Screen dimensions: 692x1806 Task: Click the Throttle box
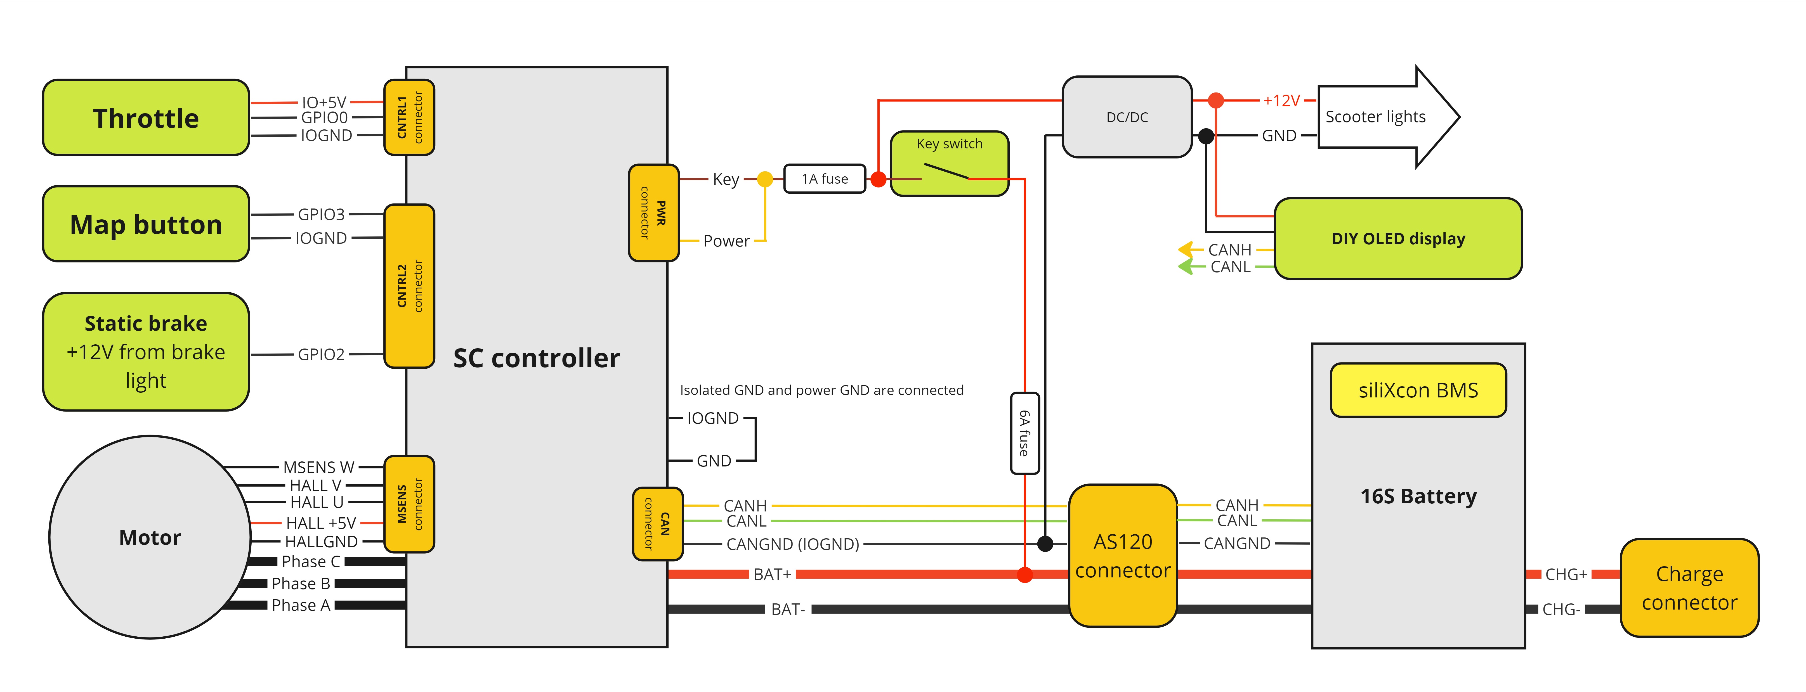click(146, 118)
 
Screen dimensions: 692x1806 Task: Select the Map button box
click(146, 224)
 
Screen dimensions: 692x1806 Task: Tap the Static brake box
click(146, 351)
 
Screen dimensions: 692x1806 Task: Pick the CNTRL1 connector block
click(409, 117)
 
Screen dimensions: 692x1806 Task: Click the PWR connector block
click(653, 212)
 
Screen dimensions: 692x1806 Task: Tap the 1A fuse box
click(825, 179)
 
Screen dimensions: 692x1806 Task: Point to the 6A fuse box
click(1024, 433)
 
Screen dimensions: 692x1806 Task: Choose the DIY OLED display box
click(1398, 238)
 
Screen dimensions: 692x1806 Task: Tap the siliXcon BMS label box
click(1418, 390)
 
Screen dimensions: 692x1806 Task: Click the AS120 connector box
click(1122, 555)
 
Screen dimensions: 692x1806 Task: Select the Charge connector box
click(1689, 587)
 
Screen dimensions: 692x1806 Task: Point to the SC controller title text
click(536, 357)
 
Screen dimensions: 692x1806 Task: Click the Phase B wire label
click(301, 583)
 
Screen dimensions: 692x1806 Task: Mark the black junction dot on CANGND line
click(1045, 543)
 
